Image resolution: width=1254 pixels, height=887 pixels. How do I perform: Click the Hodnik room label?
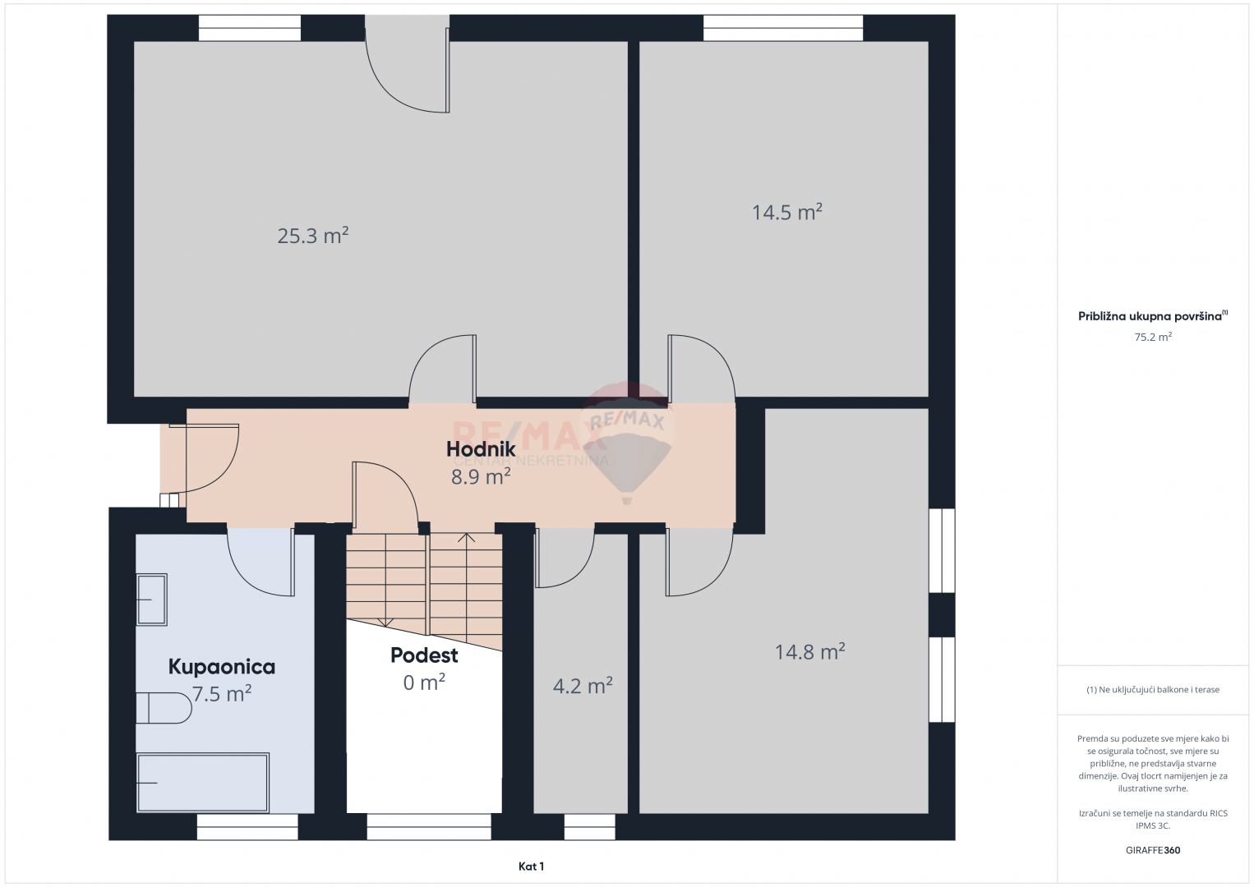click(481, 448)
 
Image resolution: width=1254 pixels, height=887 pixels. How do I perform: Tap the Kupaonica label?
click(222, 667)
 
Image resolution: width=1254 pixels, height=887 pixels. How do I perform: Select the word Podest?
click(424, 655)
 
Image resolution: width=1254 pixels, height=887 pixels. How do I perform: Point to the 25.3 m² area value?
click(313, 235)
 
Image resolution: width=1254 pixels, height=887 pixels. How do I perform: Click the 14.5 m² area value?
click(786, 212)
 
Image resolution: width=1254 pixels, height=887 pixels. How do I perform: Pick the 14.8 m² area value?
click(809, 651)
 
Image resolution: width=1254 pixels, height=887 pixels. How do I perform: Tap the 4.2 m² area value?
click(583, 686)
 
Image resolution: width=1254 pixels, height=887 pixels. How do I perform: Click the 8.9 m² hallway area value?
click(481, 476)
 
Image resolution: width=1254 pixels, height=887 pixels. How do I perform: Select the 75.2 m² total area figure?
click(1153, 337)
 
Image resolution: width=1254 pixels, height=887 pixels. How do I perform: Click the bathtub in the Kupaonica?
click(203, 783)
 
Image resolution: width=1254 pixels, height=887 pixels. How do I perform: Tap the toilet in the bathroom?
click(164, 708)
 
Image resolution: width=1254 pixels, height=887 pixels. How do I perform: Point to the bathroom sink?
click(152, 600)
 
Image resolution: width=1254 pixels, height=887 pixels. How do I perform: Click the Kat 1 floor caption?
click(531, 866)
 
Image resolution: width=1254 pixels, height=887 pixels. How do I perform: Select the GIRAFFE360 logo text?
click(1153, 850)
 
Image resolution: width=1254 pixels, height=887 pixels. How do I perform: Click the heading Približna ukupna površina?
click(1150, 316)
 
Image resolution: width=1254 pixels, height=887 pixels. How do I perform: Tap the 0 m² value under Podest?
click(424, 682)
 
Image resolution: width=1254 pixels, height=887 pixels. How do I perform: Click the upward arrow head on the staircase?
click(466, 537)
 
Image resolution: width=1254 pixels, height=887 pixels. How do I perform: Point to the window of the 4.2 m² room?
click(589, 827)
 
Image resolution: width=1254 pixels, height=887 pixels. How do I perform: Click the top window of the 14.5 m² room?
click(783, 28)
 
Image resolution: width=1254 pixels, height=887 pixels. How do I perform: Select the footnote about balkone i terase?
click(1153, 689)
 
